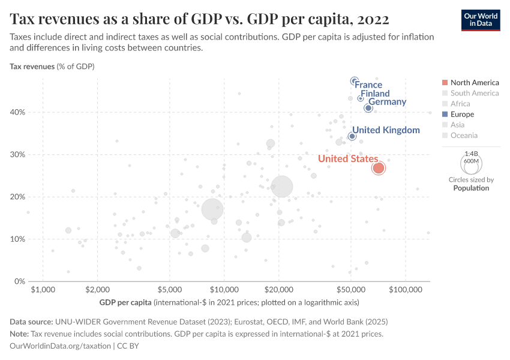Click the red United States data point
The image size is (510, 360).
pos(378,168)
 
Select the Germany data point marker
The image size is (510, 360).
pos(368,108)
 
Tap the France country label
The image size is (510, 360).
pos(368,85)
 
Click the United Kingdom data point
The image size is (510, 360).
pos(352,136)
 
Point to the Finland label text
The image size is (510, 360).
pos(375,94)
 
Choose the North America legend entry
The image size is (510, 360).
pos(474,82)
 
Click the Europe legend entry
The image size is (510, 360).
pos(462,115)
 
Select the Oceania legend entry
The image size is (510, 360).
pos(464,136)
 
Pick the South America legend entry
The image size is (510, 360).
pos(474,93)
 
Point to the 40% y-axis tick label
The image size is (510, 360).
pos(17,112)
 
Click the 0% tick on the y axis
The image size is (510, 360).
pos(19,281)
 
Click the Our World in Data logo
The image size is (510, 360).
pos(480,19)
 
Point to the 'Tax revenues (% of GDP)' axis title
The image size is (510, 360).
pos(52,66)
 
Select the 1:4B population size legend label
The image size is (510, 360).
pos(471,154)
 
